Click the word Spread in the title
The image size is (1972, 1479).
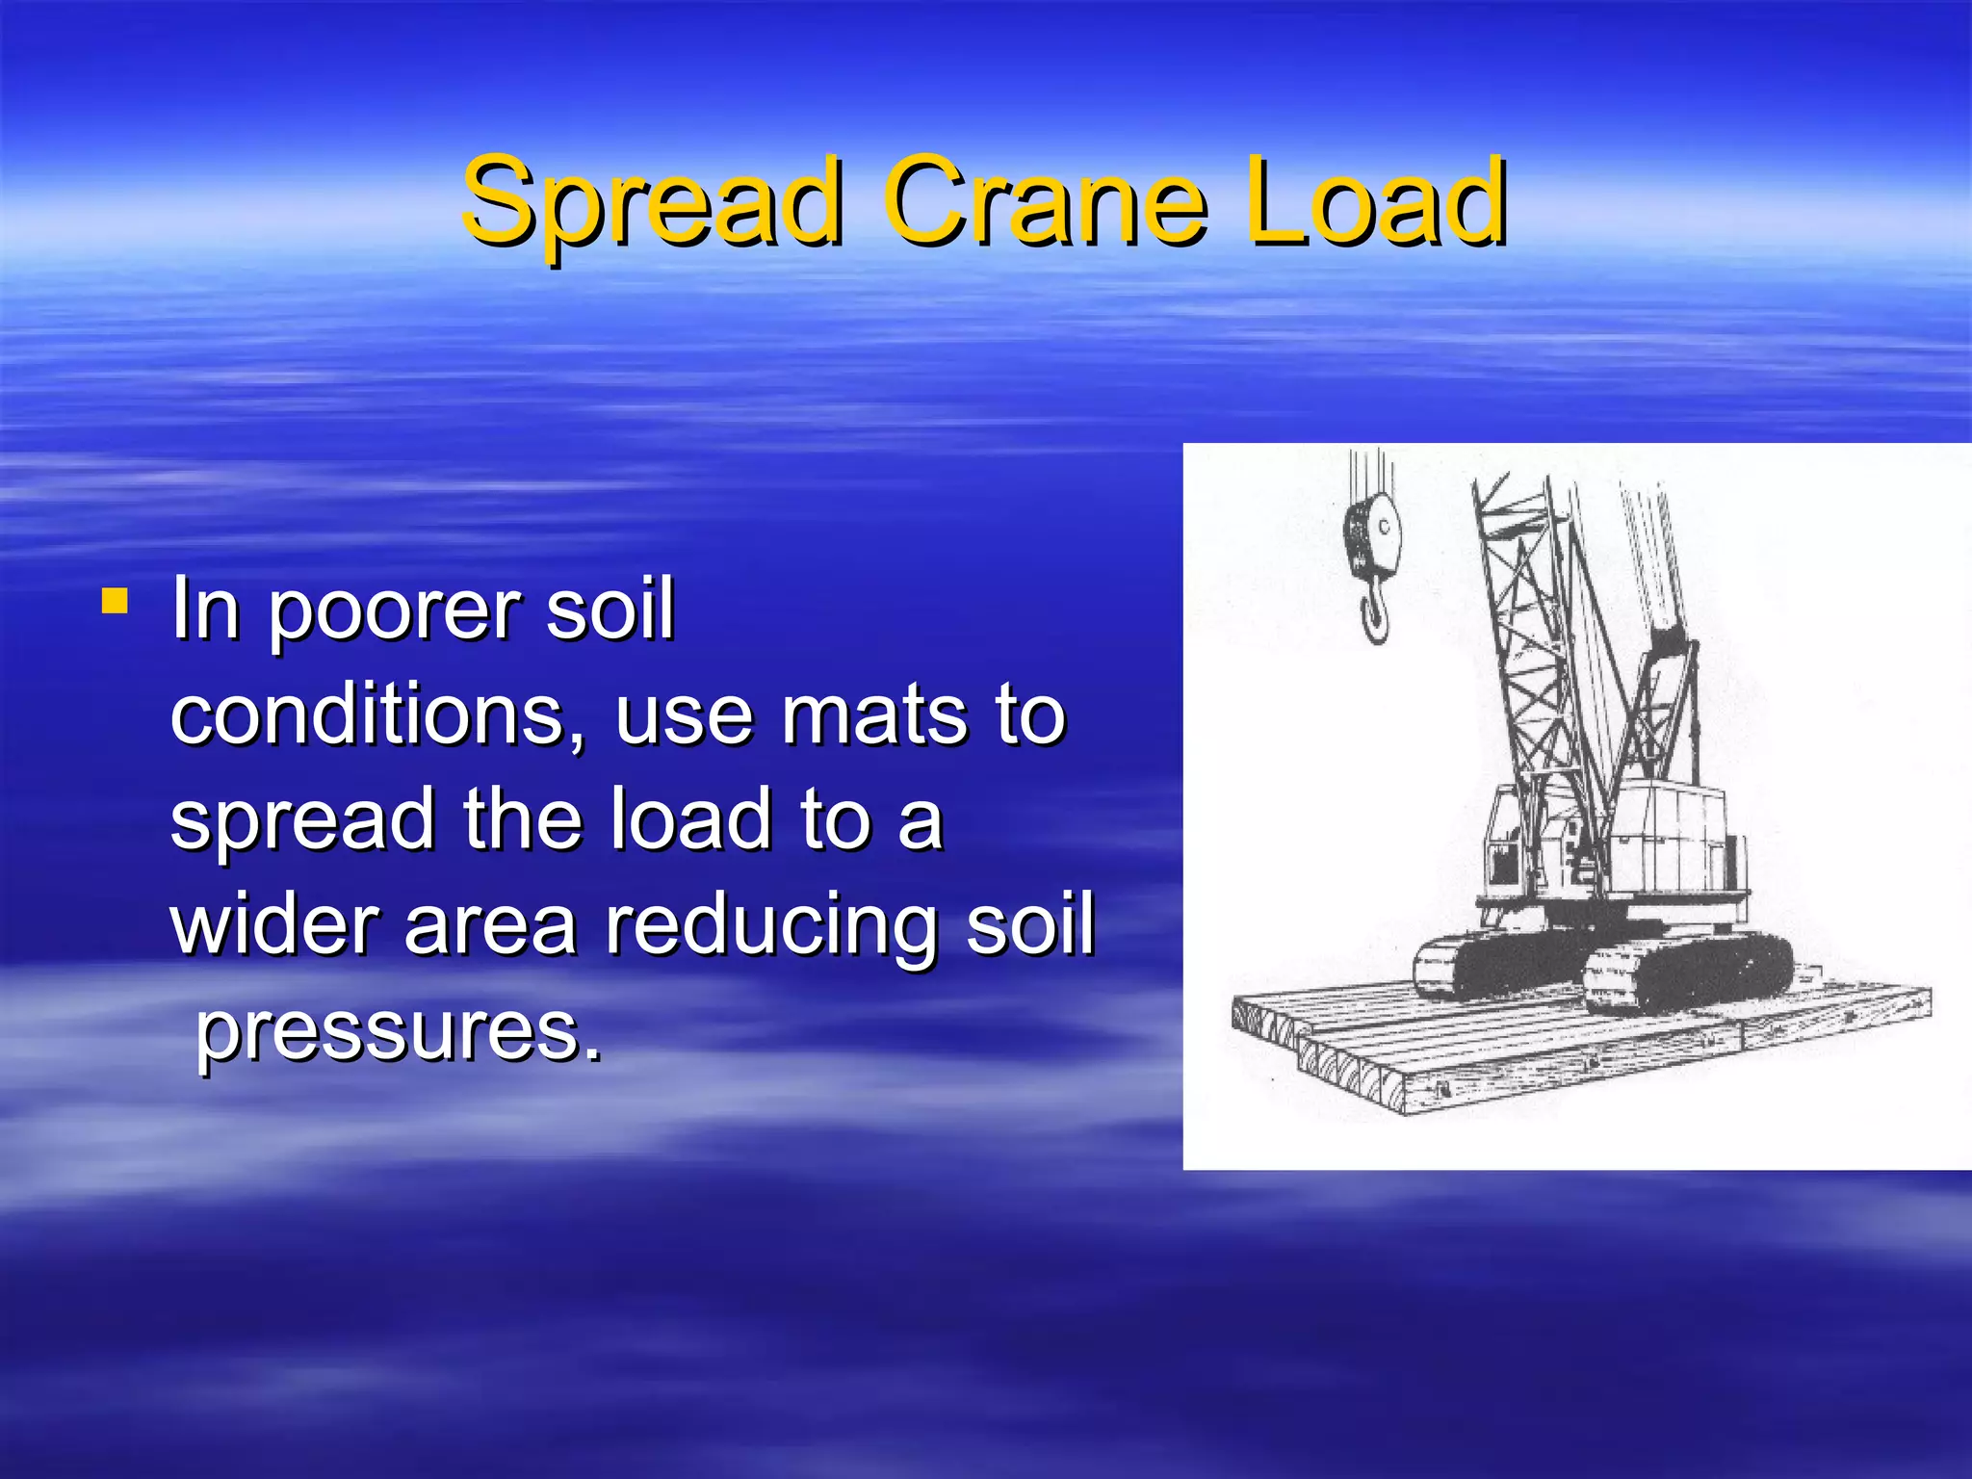(650, 202)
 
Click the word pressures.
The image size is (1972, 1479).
(399, 1030)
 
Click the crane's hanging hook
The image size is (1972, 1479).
(1375, 616)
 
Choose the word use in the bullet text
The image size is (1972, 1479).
(683, 716)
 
